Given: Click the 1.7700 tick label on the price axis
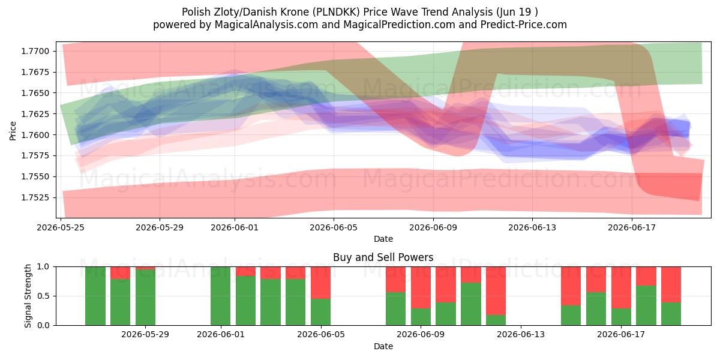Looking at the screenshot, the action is click(x=35, y=51).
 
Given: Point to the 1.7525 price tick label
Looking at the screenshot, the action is click(x=35, y=197).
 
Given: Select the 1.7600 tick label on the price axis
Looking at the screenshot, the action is click(x=35, y=134).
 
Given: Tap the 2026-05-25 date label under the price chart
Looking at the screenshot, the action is click(x=61, y=227).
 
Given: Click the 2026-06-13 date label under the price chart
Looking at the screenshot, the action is click(x=532, y=227).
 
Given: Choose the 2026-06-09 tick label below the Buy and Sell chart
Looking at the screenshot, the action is click(x=421, y=334).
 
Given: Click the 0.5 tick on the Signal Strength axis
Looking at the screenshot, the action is click(x=44, y=296).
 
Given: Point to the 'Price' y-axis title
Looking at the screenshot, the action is click(x=13, y=131).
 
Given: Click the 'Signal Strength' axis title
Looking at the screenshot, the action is click(x=28, y=296).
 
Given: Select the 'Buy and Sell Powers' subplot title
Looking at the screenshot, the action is click(x=383, y=257).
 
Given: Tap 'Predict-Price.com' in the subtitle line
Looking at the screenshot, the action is click(x=524, y=25).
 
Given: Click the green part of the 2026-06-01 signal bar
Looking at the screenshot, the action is click(x=221, y=296).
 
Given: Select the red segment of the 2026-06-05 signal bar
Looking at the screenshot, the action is click(x=320, y=283).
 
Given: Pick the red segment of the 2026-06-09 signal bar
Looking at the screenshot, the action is click(x=421, y=287).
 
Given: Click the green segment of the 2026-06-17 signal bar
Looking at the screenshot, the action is click(x=621, y=317).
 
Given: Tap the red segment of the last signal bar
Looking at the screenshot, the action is click(x=671, y=284).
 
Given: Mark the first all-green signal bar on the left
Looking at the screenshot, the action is click(x=95, y=296).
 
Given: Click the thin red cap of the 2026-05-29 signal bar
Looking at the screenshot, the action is click(x=145, y=268).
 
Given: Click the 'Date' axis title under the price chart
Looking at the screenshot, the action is click(x=383, y=239).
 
